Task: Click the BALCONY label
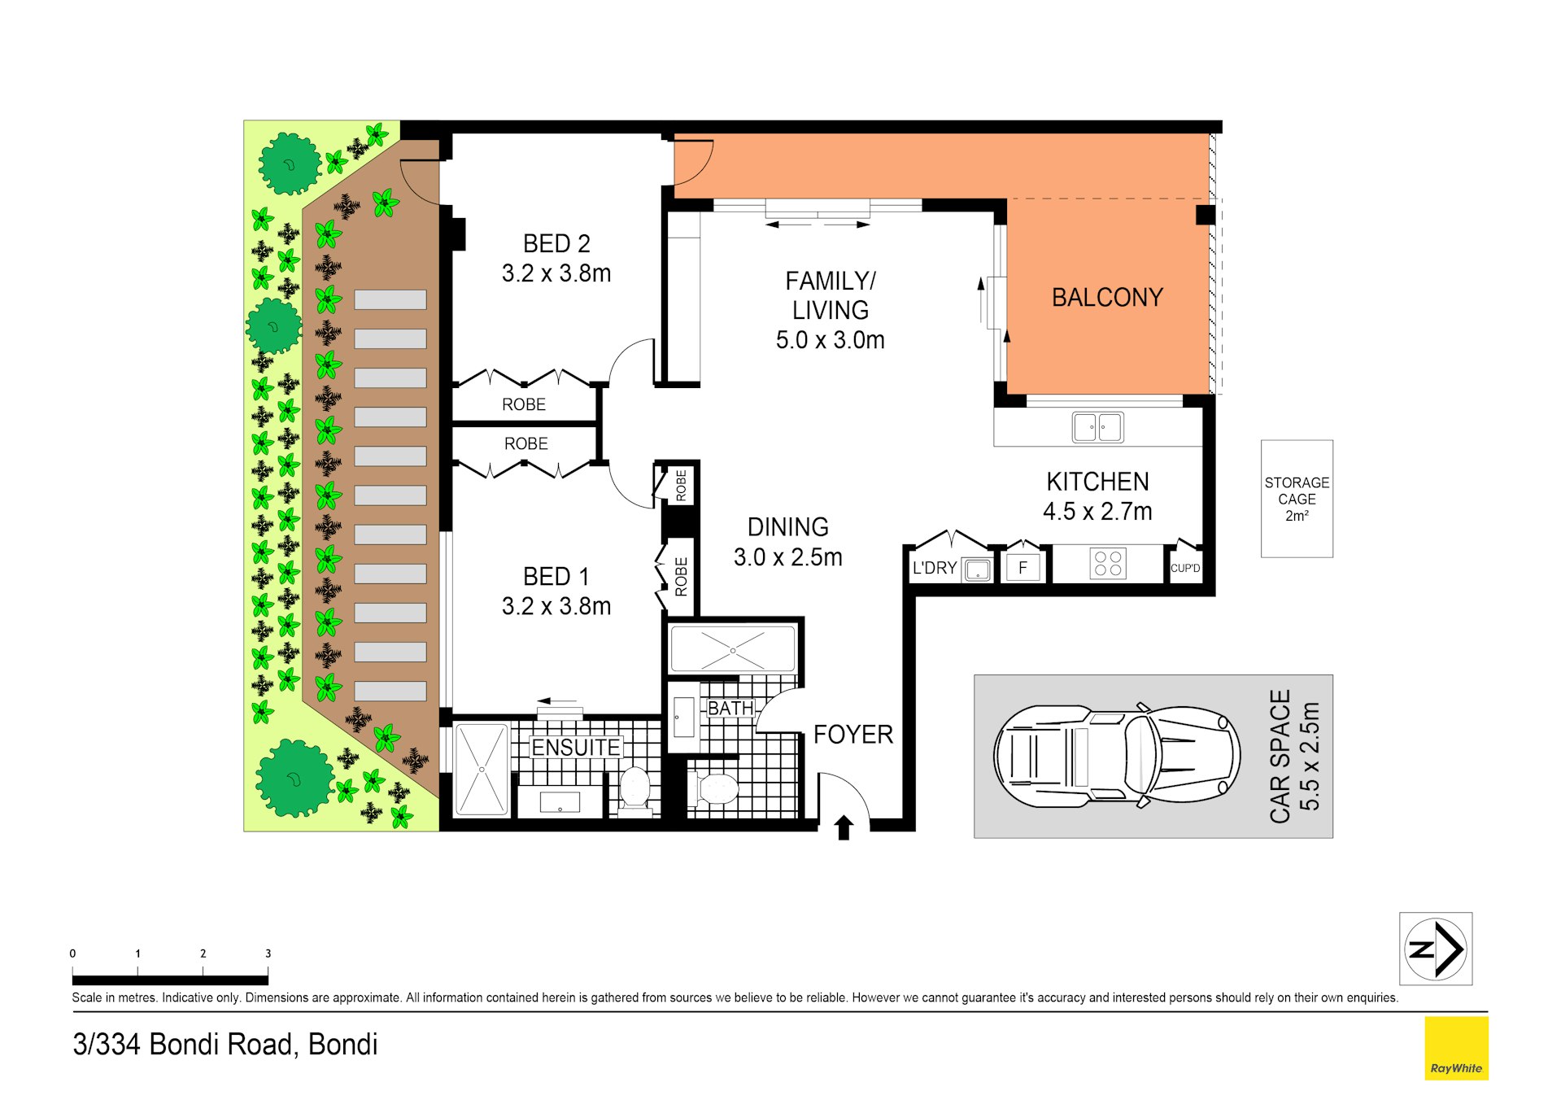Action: (1106, 298)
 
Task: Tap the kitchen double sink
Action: (1097, 427)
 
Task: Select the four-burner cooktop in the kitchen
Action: (1107, 564)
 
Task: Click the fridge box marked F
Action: (1022, 568)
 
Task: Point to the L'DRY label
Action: (934, 568)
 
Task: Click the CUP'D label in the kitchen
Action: (1184, 568)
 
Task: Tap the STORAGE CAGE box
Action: (1296, 499)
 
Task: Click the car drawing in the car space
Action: (1115, 756)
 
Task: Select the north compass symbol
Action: (1435, 949)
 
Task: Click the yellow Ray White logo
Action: (1455, 1049)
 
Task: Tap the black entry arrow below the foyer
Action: (844, 827)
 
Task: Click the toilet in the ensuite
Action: (634, 790)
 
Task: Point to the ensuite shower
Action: (482, 769)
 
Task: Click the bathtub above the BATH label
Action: (732, 649)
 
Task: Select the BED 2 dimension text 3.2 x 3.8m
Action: (556, 273)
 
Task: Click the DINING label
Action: (787, 527)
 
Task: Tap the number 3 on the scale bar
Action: (268, 953)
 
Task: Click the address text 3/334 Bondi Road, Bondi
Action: (225, 1045)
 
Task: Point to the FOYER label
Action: (852, 735)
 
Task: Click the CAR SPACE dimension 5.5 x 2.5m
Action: (1309, 756)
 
